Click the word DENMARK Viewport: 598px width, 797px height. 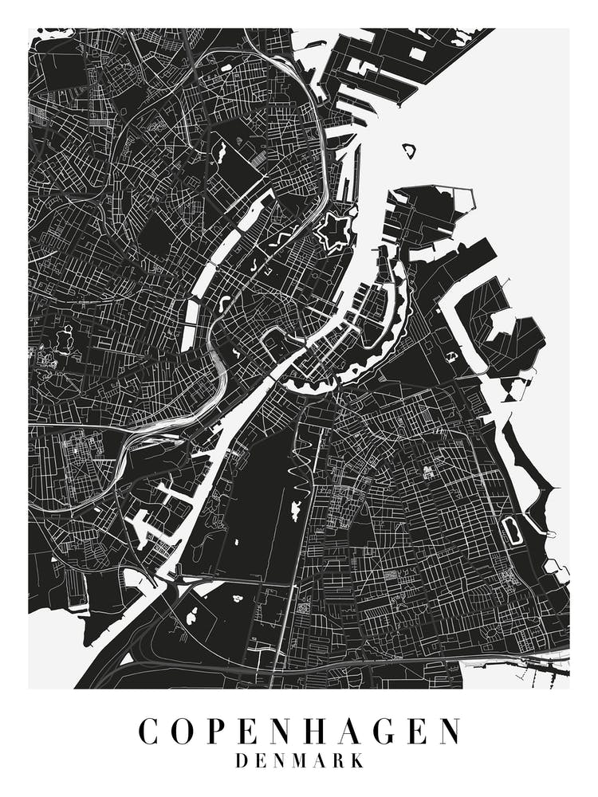click(299, 761)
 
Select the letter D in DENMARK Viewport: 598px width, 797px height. click(242, 761)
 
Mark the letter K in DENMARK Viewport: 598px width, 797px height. click(357, 761)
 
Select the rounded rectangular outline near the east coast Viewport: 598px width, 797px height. click(511, 530)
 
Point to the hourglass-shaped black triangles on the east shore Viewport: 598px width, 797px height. click(517, 388)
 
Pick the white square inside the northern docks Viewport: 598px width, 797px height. click(418, 53)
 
